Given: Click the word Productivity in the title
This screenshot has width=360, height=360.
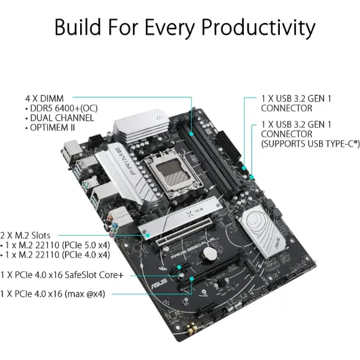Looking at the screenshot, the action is (258, 28).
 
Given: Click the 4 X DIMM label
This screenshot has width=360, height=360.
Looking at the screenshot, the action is (44, 99).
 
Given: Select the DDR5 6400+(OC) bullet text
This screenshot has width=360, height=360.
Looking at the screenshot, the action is (64, 109).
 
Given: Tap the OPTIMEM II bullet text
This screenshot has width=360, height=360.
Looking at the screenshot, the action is (52, 128).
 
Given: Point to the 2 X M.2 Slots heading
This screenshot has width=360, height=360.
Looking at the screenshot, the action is (25, 236).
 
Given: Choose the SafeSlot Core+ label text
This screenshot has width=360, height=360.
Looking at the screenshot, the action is (94, 275).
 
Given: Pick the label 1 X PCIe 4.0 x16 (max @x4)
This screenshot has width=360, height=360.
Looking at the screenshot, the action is (53, 294).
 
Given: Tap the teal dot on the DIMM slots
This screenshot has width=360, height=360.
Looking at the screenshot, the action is (191, 134).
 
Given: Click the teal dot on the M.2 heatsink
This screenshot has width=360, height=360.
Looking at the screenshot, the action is (148, 235).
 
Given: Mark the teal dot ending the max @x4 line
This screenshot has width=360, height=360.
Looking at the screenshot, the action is (191, 279).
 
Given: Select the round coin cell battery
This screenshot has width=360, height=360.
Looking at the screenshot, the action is (210, 254).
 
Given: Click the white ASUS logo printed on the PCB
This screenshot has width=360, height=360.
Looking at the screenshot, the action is (159, 284).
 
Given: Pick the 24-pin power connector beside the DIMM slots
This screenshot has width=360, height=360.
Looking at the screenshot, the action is (229, 146).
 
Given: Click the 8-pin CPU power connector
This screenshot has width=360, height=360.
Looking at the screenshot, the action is (96, 140).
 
